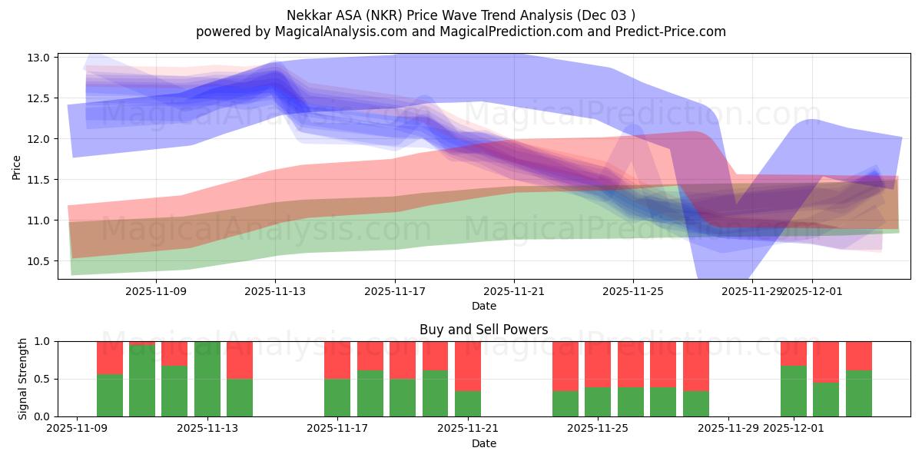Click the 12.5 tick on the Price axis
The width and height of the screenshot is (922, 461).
[39, 98]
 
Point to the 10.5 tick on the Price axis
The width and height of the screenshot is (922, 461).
[39, 261]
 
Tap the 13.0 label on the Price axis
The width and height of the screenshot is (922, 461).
[39, 58]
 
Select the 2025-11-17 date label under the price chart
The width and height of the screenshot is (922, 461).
[395, 291]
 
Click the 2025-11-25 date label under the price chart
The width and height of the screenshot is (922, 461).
[633, 291]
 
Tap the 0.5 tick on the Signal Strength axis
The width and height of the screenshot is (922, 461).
[42, 379]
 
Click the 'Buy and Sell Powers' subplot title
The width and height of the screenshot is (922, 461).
[483, 330]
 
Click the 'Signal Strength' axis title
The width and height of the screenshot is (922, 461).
[23, 378]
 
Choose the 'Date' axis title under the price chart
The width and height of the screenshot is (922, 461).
[483, 306]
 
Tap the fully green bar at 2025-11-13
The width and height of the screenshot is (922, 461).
[207, 379]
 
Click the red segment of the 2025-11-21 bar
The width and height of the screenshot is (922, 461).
[468, 366]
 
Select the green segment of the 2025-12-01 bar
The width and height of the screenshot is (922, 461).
[794, 391]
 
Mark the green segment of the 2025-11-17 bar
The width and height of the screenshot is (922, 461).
[337, 397]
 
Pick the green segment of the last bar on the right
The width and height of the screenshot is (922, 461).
[859, 393]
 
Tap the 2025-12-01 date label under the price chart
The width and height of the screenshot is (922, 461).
[812, 291]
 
